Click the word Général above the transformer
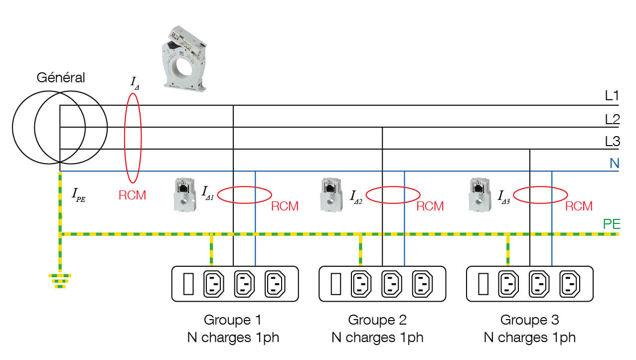[61, 78]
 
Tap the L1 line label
[612, 96]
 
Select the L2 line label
[612, 119]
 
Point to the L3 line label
[612, 142]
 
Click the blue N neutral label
[614, 163]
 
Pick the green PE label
[612, 224]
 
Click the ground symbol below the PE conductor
[60, 280]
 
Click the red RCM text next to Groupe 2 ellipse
[430, 206]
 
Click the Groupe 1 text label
[232, 320]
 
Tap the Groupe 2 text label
[377, 320]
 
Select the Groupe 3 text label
[529, 320]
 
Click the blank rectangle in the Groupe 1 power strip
[188, 284]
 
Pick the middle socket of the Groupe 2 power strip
[392, 284]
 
